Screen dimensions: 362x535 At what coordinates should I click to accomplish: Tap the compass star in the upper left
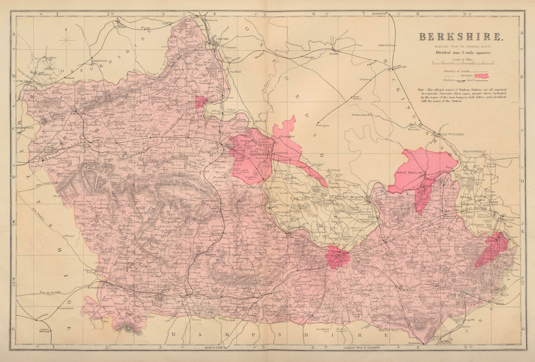(x=67, y=40)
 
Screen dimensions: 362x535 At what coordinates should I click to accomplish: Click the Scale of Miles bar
(x=461, y=63)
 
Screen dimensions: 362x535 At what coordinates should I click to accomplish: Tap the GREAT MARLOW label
(x=409, y=173)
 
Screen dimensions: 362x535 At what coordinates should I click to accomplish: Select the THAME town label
(x=334, y=53)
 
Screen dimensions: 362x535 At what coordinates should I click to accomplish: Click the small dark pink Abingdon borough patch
(x=201, y=102)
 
